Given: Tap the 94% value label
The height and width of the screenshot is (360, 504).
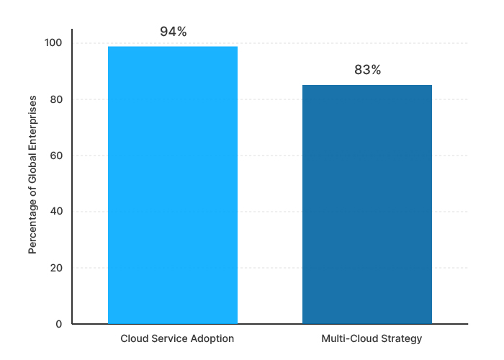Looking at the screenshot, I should [173, 32].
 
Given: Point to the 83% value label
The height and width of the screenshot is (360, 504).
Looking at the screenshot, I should [367, 71].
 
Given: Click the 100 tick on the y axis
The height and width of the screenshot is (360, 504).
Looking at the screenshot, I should [53, 43].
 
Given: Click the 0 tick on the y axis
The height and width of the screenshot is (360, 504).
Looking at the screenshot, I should [59, 324].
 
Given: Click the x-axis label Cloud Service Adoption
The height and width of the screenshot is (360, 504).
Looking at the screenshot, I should [177, 338].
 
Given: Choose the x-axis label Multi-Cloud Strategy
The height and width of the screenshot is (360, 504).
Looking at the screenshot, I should [372, 338].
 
